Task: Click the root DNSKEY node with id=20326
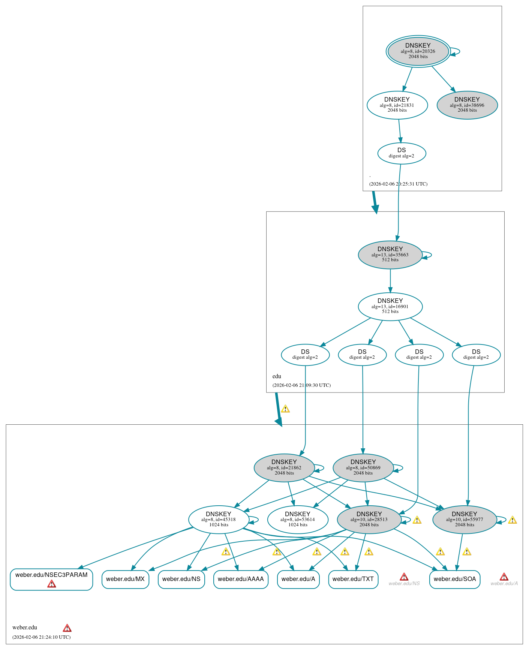[x=418, y=51]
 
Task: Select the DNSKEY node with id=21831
[x=397, y=105]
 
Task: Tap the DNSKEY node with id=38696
[x=467, y=105]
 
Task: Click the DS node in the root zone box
[x=402, y=153]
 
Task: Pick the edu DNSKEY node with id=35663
[x=390, y=255]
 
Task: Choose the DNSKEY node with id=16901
[x=390, y=306]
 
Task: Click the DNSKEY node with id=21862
[x=284, y=467]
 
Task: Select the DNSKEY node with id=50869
[x=363, y=467]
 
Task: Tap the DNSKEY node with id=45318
[x=219, y=519]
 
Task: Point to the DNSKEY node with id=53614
[x=298, y=519]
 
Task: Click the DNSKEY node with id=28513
[x=369, y=519]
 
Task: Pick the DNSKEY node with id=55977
[x=465, y=519]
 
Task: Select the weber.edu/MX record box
[x=125, y=579]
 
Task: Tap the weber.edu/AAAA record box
[x=241, y=579]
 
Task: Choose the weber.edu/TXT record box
[x=353, y=579]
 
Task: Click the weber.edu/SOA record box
[x=455, y=579]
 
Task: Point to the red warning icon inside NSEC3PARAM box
[x=52, y=584]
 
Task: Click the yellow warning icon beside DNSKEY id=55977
[x=513, y=520]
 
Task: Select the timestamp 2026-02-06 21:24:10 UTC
[x=41, y=637]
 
